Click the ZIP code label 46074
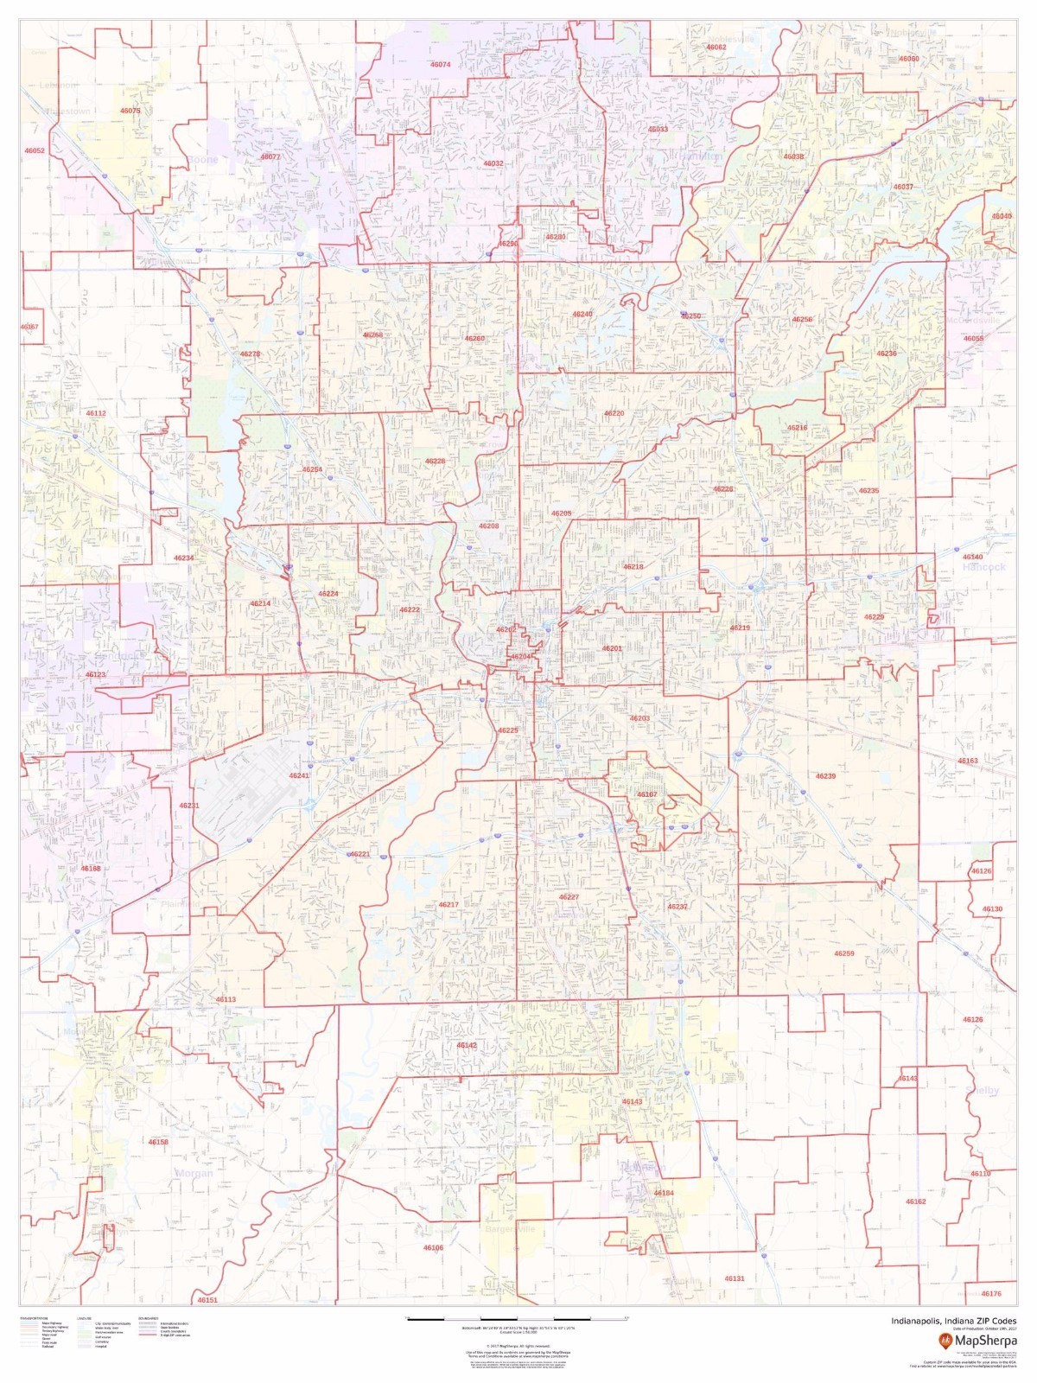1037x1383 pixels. coord(441,65)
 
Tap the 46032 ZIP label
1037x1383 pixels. coord(493,163)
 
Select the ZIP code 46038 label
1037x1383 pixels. coord(793,156)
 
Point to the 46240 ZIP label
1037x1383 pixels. coord(582,314)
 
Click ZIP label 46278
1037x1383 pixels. coord(250,354)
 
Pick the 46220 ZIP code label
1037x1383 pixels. coord(614,413)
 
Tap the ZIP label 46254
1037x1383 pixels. coord(312,469)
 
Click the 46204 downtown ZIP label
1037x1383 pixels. coord(521,657)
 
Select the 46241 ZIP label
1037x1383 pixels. coord(299,775)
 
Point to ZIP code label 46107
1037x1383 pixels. coord(647,794)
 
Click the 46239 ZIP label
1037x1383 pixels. coord(825,776)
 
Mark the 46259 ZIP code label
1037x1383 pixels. coord(843,953)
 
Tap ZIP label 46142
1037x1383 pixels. coord(467,1045)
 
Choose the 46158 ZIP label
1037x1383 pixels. coord(158,1142)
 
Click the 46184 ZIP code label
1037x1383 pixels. coord(664,1193)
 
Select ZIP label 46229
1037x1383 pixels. coord(874,617)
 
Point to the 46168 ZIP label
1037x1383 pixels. coord(91,868)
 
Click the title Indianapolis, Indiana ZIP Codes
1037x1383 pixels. coord(954,1321)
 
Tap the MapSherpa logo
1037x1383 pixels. coord(977,1341)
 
